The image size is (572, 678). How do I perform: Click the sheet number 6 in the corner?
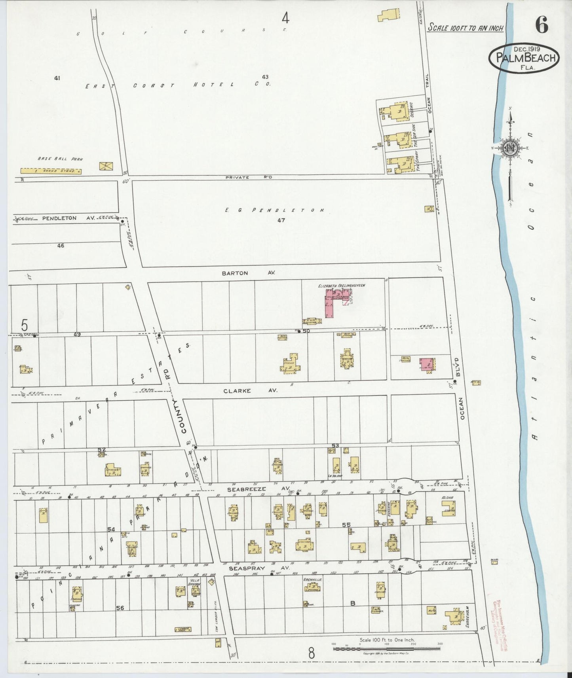542,26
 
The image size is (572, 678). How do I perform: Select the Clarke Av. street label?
250,390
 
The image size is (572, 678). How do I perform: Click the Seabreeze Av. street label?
247,489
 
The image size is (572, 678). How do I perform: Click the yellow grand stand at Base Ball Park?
51,171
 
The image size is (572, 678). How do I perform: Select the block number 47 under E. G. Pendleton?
281,220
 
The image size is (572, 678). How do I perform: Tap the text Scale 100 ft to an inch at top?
466,28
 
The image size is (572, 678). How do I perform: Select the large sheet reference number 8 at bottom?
311,653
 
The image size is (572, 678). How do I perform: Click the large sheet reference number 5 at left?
25,325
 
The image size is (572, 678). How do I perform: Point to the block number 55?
346,525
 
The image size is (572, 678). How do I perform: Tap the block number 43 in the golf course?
265,77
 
